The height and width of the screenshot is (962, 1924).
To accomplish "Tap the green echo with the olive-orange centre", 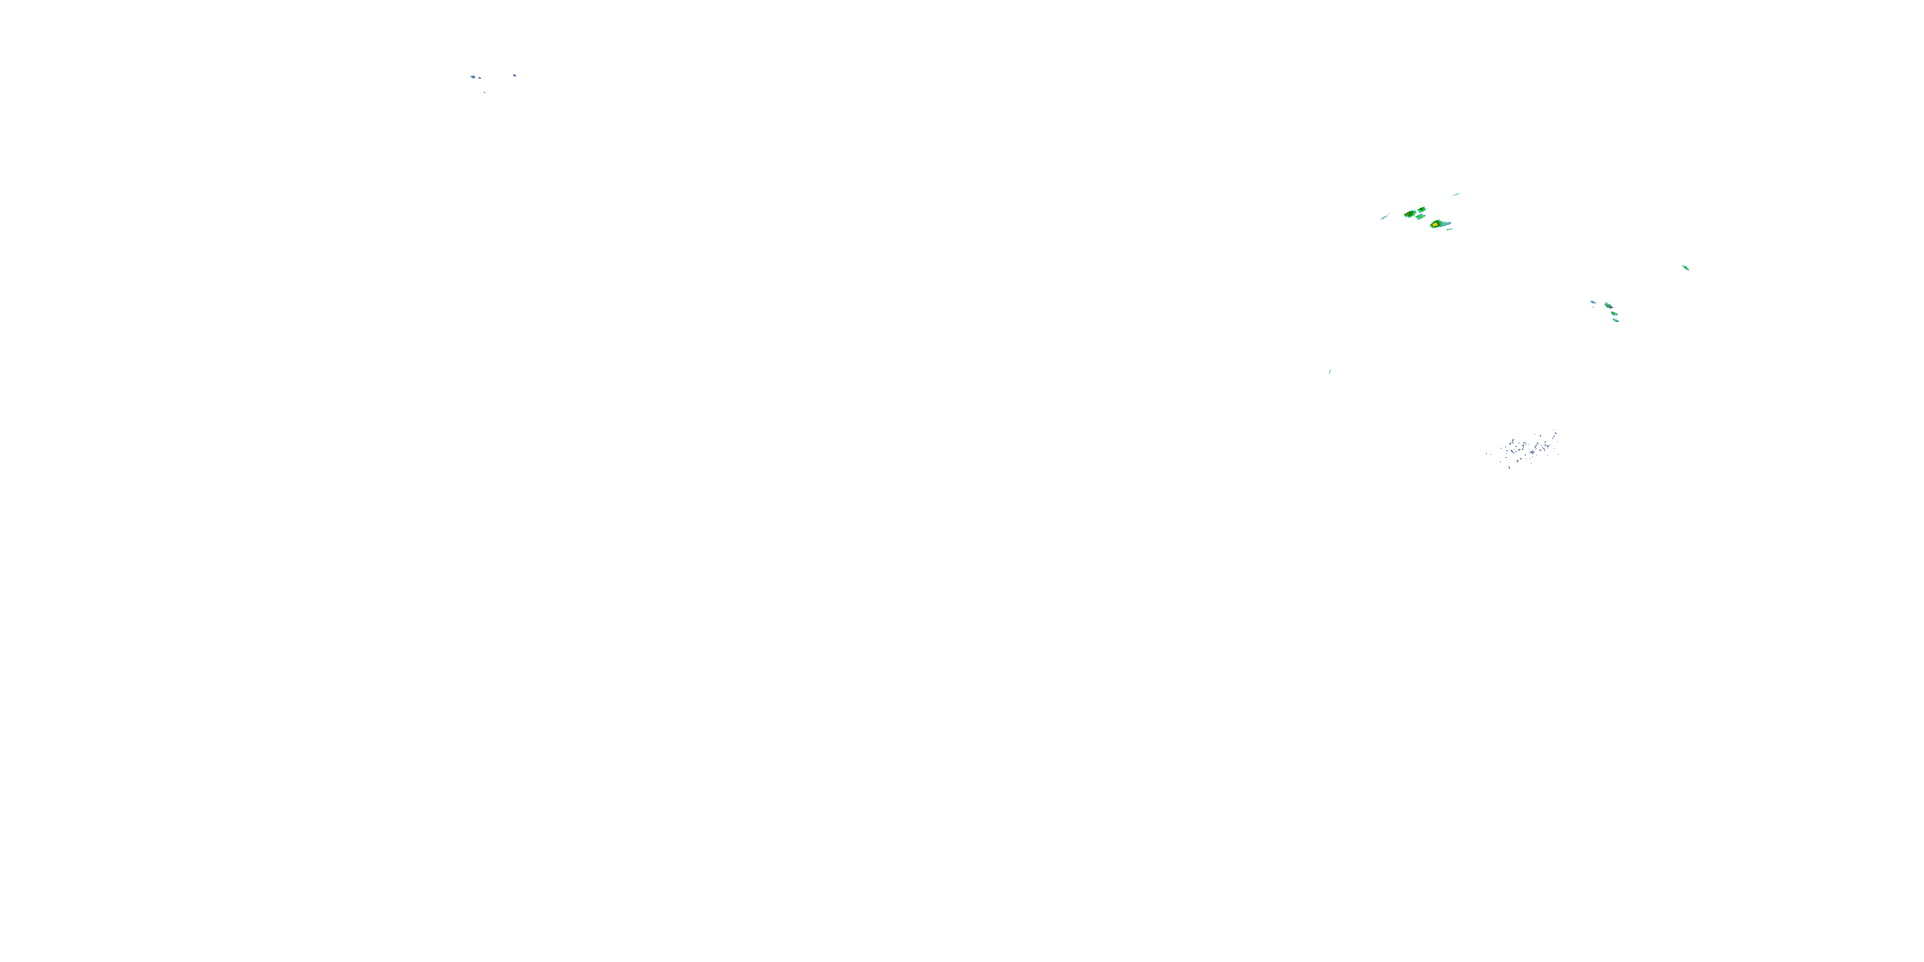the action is pos(1410,214).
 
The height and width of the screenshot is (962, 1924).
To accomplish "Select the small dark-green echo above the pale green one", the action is pos(1422,210).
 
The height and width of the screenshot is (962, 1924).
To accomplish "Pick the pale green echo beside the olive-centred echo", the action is pos(1421,217).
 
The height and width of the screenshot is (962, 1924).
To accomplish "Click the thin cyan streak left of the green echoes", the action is pos(1385,217).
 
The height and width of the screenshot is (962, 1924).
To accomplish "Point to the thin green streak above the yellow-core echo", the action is pos(1457,194).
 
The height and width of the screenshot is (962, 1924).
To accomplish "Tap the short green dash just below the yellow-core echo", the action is pos(1449,230).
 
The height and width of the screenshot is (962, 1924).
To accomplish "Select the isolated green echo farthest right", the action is pos(1685,267).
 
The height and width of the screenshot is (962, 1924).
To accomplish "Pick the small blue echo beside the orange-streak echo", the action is pos(1594,301).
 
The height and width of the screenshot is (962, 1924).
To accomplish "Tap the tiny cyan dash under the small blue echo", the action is pos(1593,307).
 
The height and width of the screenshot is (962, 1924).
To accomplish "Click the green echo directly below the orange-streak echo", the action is pos(1614,313).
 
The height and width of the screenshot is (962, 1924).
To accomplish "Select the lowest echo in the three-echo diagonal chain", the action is pos(1616,321).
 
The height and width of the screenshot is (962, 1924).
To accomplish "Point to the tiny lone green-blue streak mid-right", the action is pos(1329,371).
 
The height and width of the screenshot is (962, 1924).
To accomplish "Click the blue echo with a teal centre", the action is pos(473,77).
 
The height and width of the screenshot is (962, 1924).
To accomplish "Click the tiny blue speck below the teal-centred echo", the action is pos(485,92).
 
